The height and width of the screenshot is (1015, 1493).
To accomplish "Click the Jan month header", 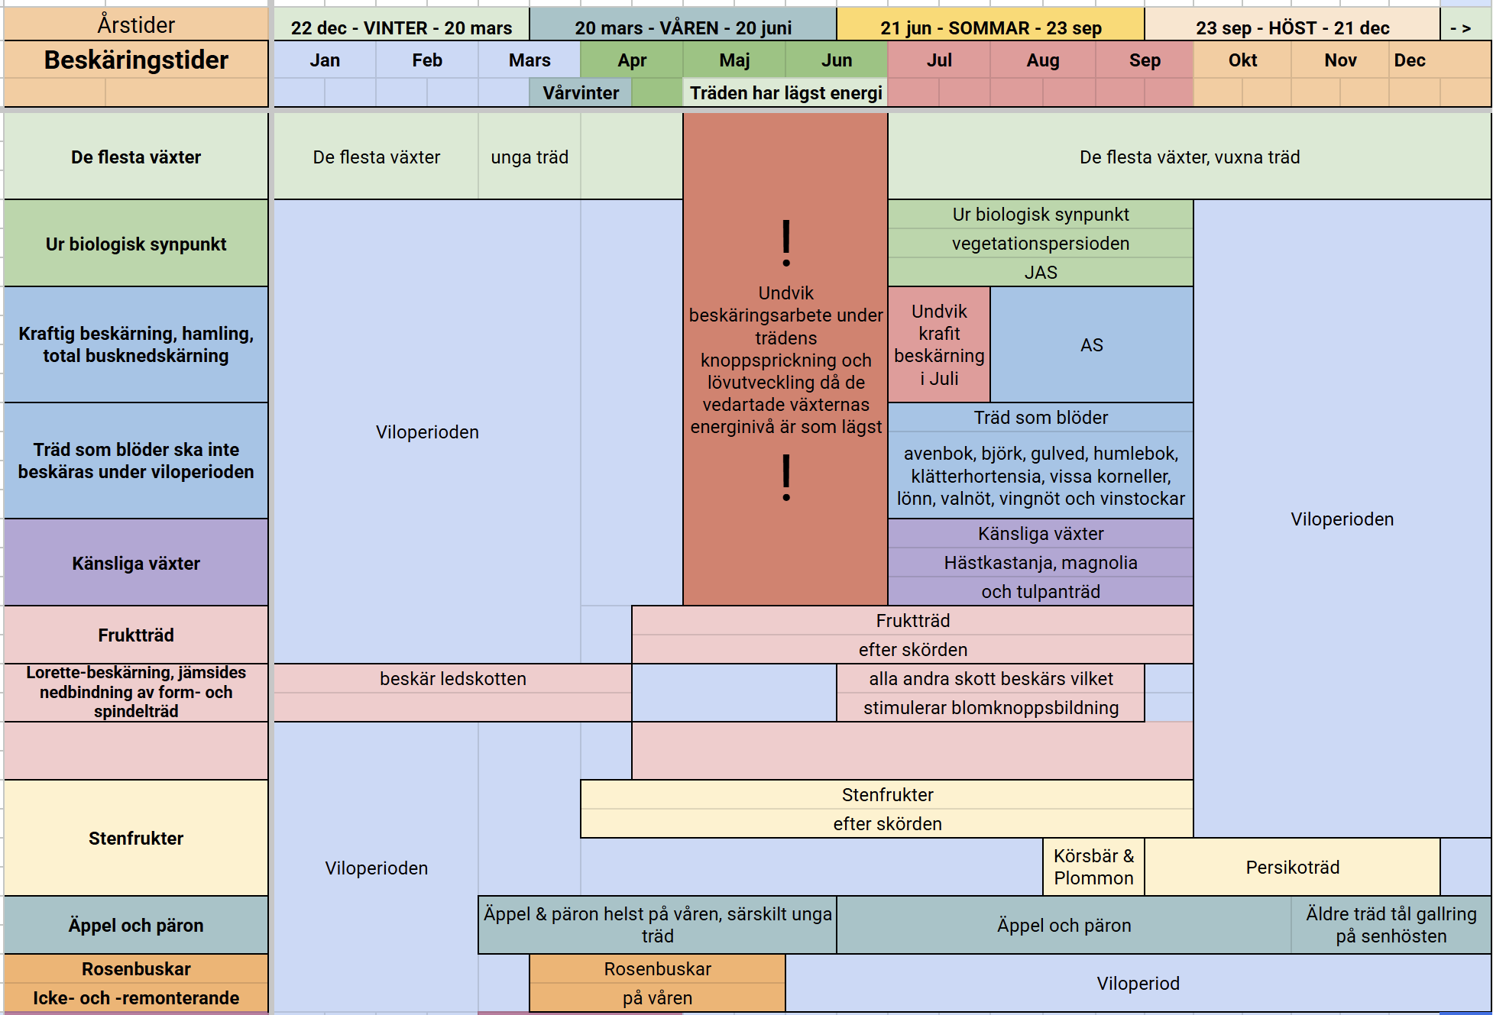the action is [325, 60].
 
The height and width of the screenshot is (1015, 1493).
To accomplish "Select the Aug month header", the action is [1043, 60].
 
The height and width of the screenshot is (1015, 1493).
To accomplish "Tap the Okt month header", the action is [1242, 60].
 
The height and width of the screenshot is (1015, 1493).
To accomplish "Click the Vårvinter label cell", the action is [581, 93].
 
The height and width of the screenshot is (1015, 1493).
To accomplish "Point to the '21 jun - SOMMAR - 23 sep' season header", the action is [991, 28].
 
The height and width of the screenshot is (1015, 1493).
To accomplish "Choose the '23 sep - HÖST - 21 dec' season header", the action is [1292, 28].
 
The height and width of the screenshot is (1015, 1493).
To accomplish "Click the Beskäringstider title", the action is [136, 60].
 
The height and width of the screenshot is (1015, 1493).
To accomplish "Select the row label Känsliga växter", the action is [136, 563].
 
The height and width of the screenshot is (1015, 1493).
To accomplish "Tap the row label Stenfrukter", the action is [136, 838].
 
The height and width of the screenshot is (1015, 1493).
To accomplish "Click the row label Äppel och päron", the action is [136, 925].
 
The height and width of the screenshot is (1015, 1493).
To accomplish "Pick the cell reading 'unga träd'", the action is [530, 157].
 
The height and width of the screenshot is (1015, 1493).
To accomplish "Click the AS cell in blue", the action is [1092, 345].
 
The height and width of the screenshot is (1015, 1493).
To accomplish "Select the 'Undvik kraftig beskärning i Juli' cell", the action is [939, 345].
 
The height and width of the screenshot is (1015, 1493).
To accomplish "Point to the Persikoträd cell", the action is [1293, 868].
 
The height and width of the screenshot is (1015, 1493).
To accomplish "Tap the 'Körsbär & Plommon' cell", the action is [1094, 868].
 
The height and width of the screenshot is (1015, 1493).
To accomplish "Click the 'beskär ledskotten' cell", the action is [453, 679].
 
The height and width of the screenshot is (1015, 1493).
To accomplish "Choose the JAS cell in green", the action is [1041, 273].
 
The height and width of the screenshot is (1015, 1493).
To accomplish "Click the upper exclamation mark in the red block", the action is [786, 243].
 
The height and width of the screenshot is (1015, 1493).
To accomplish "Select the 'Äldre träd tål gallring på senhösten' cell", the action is [1391, 925].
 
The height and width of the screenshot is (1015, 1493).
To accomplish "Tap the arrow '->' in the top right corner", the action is [1461, 28].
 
